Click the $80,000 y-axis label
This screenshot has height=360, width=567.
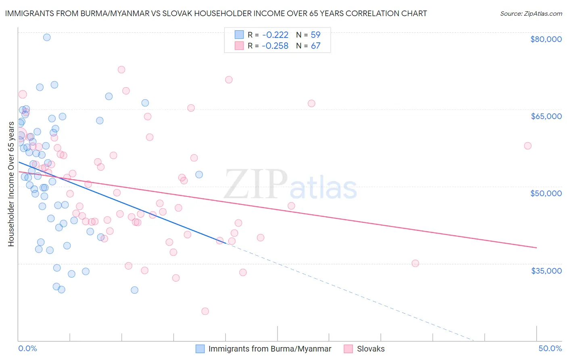point(546,39)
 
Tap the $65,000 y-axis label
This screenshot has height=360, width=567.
point(546,116)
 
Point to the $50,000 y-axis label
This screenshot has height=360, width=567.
point(546,193)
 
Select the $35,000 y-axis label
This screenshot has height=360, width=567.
point(546,270)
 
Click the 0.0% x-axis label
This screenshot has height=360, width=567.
point(27,348)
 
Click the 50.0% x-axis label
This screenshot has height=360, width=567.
point(550,348)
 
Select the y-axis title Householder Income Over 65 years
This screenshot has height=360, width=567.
point(11,184)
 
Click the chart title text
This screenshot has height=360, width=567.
point(216,13)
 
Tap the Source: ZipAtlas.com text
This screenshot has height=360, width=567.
point(531,13)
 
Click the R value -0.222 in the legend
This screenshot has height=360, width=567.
point(275,35)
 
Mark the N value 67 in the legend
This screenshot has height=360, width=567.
point(315,46)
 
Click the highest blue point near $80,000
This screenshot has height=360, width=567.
point(47,37)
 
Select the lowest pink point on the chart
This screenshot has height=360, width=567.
point(205,311)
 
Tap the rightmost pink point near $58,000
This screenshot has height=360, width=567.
point(527,146)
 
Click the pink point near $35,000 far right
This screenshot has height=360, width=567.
point(415,263)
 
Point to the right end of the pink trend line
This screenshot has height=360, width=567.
point(536,247)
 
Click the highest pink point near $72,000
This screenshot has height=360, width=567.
point(121,69)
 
